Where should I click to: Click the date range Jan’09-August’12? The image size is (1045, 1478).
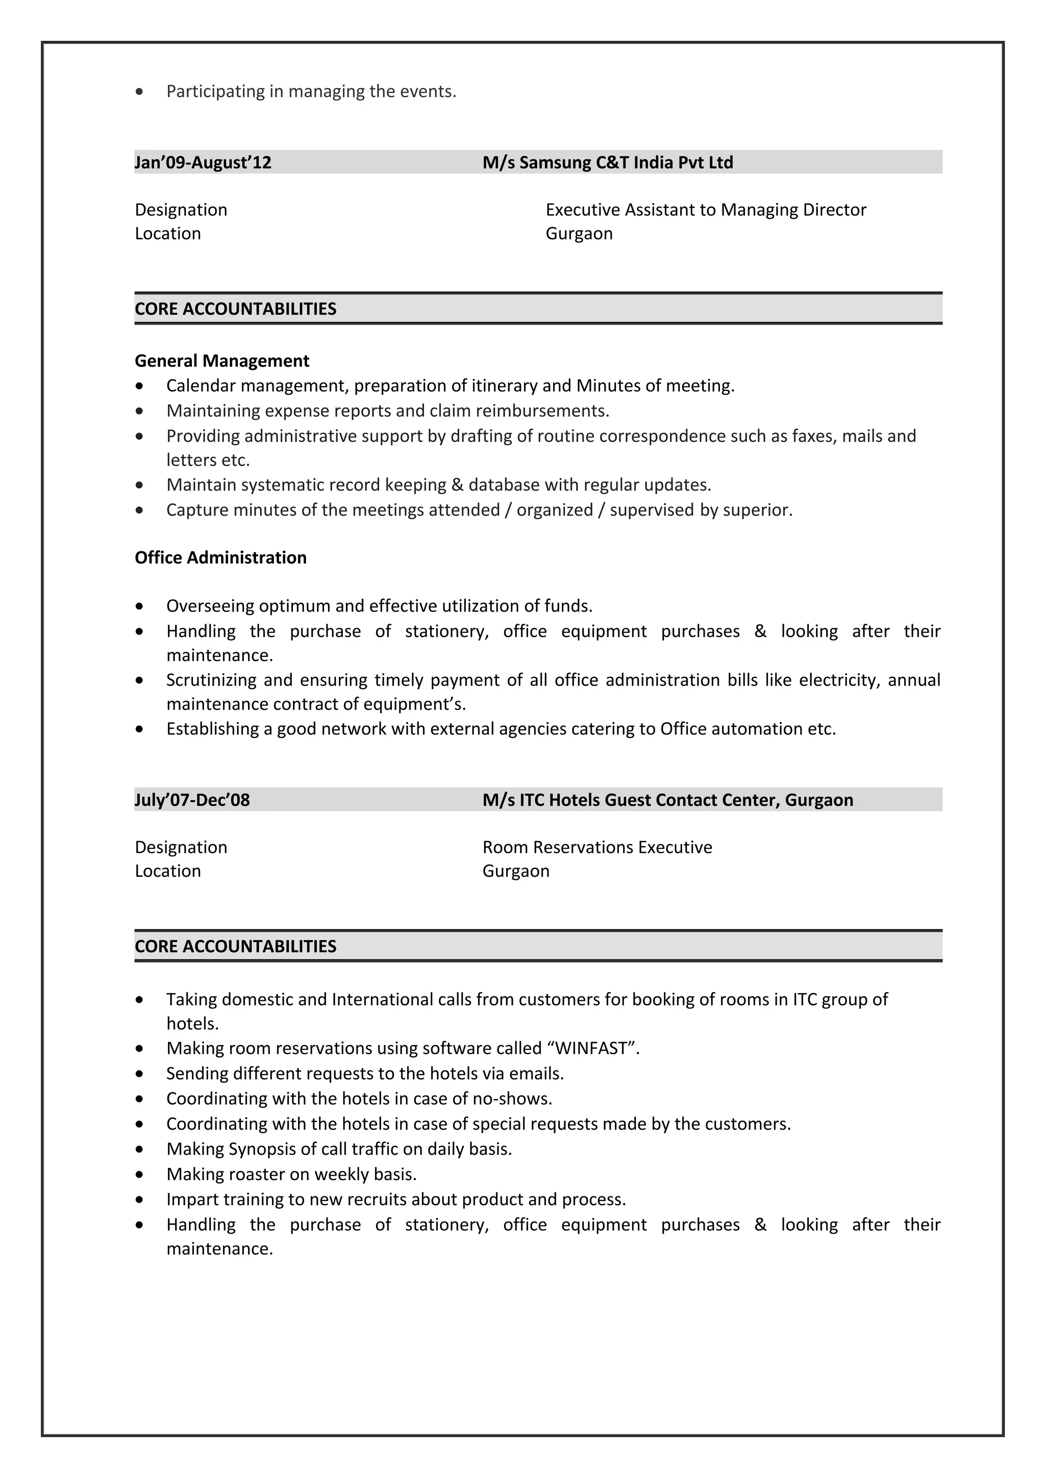click(x=203, y=162)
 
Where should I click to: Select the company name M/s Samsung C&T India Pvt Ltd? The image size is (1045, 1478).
click(x=607, y=162)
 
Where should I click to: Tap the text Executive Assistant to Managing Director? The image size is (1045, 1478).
click(x=706, y=210)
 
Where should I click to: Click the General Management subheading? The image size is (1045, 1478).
click(x=221, y=361)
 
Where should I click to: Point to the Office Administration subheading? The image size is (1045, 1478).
click(x=220, y=557)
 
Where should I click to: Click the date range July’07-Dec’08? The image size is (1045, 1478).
click(x=192, y=800)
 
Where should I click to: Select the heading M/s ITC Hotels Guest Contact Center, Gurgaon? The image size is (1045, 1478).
click(x=668, y=800)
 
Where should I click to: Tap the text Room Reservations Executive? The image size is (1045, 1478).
click(x=597, y=847)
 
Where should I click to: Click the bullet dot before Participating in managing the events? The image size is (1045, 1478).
click(x=140, y=92)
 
